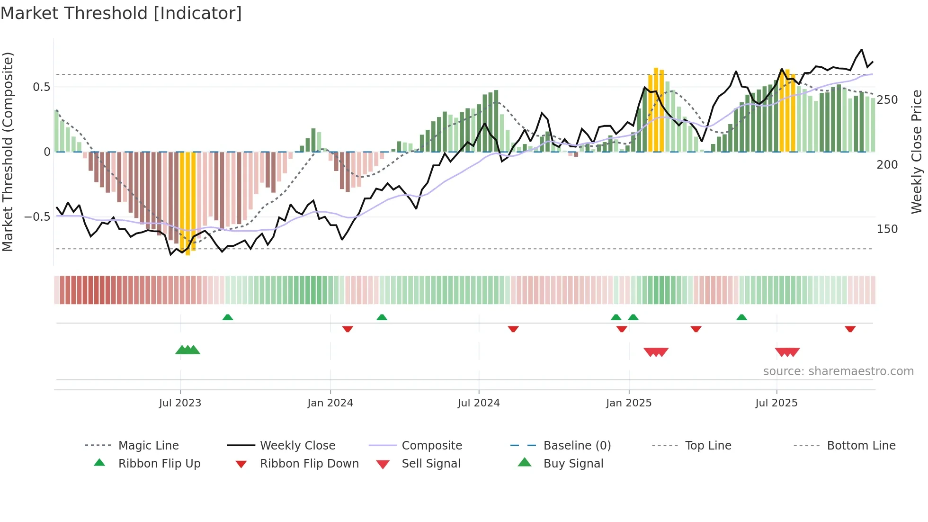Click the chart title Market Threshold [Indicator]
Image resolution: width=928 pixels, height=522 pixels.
click(121, 13)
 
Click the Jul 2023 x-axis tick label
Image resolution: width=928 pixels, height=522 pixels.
click(180, 403)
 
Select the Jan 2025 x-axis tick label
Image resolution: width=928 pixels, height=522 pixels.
click(628, 403)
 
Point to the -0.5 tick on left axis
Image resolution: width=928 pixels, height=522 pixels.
click(37, 217)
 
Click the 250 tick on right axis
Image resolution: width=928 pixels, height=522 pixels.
click(887, 100)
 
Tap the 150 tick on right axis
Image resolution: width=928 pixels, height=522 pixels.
click(887, 229)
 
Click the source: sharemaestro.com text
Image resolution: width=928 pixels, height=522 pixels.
click(838, 371)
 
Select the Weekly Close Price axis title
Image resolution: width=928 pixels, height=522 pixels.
click(917, 152)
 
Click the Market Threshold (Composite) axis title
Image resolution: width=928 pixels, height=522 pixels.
click(8, 152)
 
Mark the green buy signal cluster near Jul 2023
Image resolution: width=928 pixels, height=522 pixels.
click(187, 350)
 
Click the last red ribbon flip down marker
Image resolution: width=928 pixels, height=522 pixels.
click(850, 329)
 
